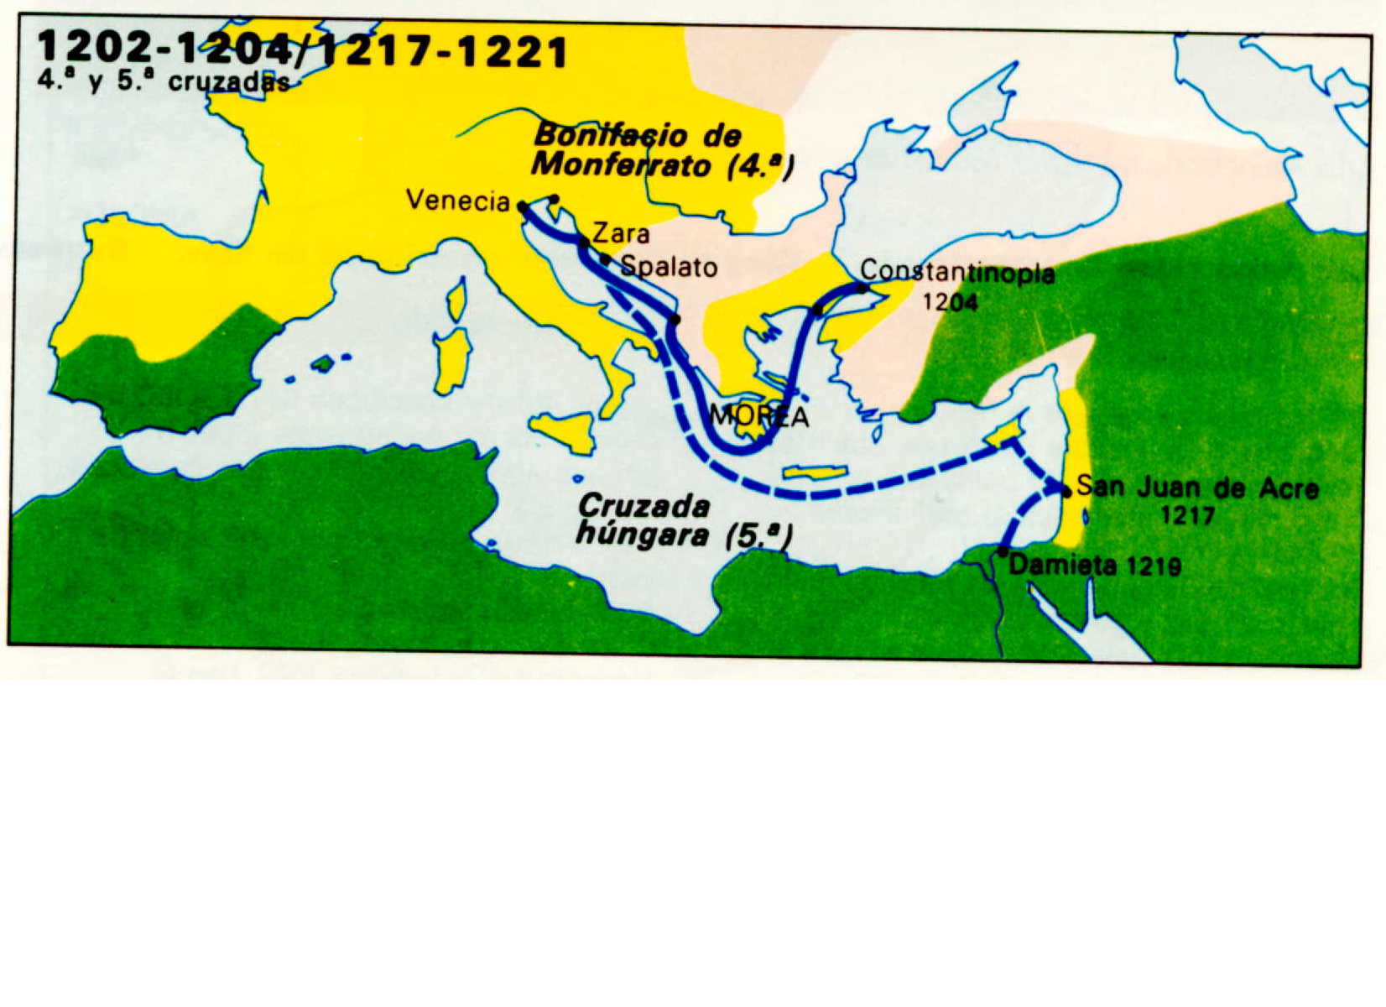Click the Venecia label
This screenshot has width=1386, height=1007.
click(457, 201)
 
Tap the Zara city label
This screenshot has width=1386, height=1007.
click(621, 232)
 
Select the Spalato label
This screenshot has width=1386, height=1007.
click(669, 267)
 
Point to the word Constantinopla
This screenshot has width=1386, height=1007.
click(957, 272)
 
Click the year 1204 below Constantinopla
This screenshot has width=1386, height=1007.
click(950, 301)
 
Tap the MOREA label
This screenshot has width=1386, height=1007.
click(759, 416)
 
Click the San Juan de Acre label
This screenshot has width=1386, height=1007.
click(1197, 488)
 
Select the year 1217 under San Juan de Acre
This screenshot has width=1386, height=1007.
click(1188, 515)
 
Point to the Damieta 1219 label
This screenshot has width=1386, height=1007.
click(1095, 566)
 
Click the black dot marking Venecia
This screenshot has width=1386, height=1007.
click(522, 206)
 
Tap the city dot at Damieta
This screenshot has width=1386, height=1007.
click(1003, 552)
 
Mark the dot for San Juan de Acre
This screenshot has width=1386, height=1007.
click(1066, 492)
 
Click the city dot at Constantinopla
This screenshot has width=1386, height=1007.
click(862, 288)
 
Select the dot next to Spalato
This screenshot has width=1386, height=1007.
click(605, 258)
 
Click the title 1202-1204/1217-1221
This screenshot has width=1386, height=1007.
click(302, 52)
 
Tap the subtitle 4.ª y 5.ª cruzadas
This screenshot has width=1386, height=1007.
click(164, 82)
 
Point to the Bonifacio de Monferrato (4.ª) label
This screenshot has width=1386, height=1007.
click(663, 149)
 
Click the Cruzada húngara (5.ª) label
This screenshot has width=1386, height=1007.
click(684, 520)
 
